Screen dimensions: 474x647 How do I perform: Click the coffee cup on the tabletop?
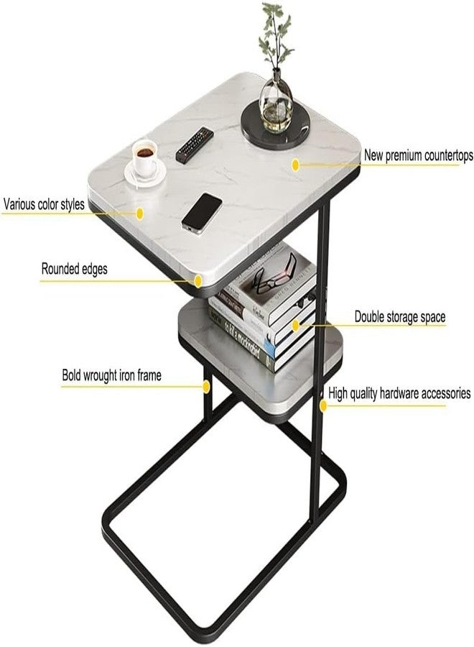pyautogui.click(x=145, y=158)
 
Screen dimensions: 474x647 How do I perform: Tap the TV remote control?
pyautogui.click(x=195, y=144)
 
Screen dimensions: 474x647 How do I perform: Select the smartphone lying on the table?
pyautogui.click(x=202, y=213)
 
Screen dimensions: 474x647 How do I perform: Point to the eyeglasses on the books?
pyautogui.click(x=275, y=275)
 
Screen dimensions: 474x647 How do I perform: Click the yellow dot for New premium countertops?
pyautogui.click(x=295, y=165)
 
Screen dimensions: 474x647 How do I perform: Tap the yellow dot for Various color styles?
pyautogui.click(x=140, y=214)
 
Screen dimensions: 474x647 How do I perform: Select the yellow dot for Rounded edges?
pyautogui.click(x=198, y=281)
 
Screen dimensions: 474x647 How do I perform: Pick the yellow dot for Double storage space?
pyautogui.click(x=295, y=326)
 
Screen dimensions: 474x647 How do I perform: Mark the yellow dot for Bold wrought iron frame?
pyautogui.click(x=207, y=387)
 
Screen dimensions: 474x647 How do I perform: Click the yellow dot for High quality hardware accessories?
pyautogui.click(x=323, y=405)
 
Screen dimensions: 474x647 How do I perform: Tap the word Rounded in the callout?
pyautogui.click(x=60, y=269)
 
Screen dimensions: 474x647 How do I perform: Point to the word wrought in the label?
pyautogui.click(x=101, y=375)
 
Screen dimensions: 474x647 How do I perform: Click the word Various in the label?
pyautogui.click(x=19, y=204)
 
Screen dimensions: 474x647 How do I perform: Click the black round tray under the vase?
pyautogui.click(x=275, y=125)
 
